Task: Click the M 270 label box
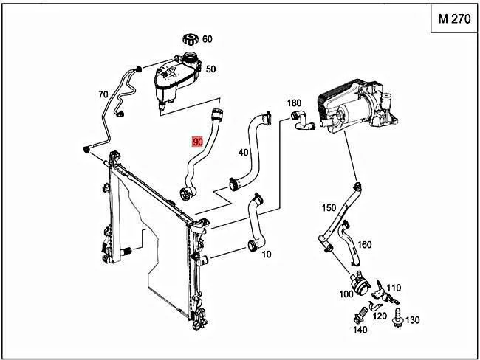point(454,18)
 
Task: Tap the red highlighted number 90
point(197,142)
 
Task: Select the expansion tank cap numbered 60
point(191,39)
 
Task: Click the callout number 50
point(210,69)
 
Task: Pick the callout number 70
point(103,94)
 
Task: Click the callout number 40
point(244,152)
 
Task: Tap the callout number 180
point(294,103)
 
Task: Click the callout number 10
point(267,255)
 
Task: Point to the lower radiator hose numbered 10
point(256,224)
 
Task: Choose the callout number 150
point(329,208)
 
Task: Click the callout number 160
point(364,245)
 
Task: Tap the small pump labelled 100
point(360,283)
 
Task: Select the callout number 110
point(394,288)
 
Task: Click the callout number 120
point(380,316)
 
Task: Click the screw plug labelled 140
point(360,315)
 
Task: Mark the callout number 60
point(208,39)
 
